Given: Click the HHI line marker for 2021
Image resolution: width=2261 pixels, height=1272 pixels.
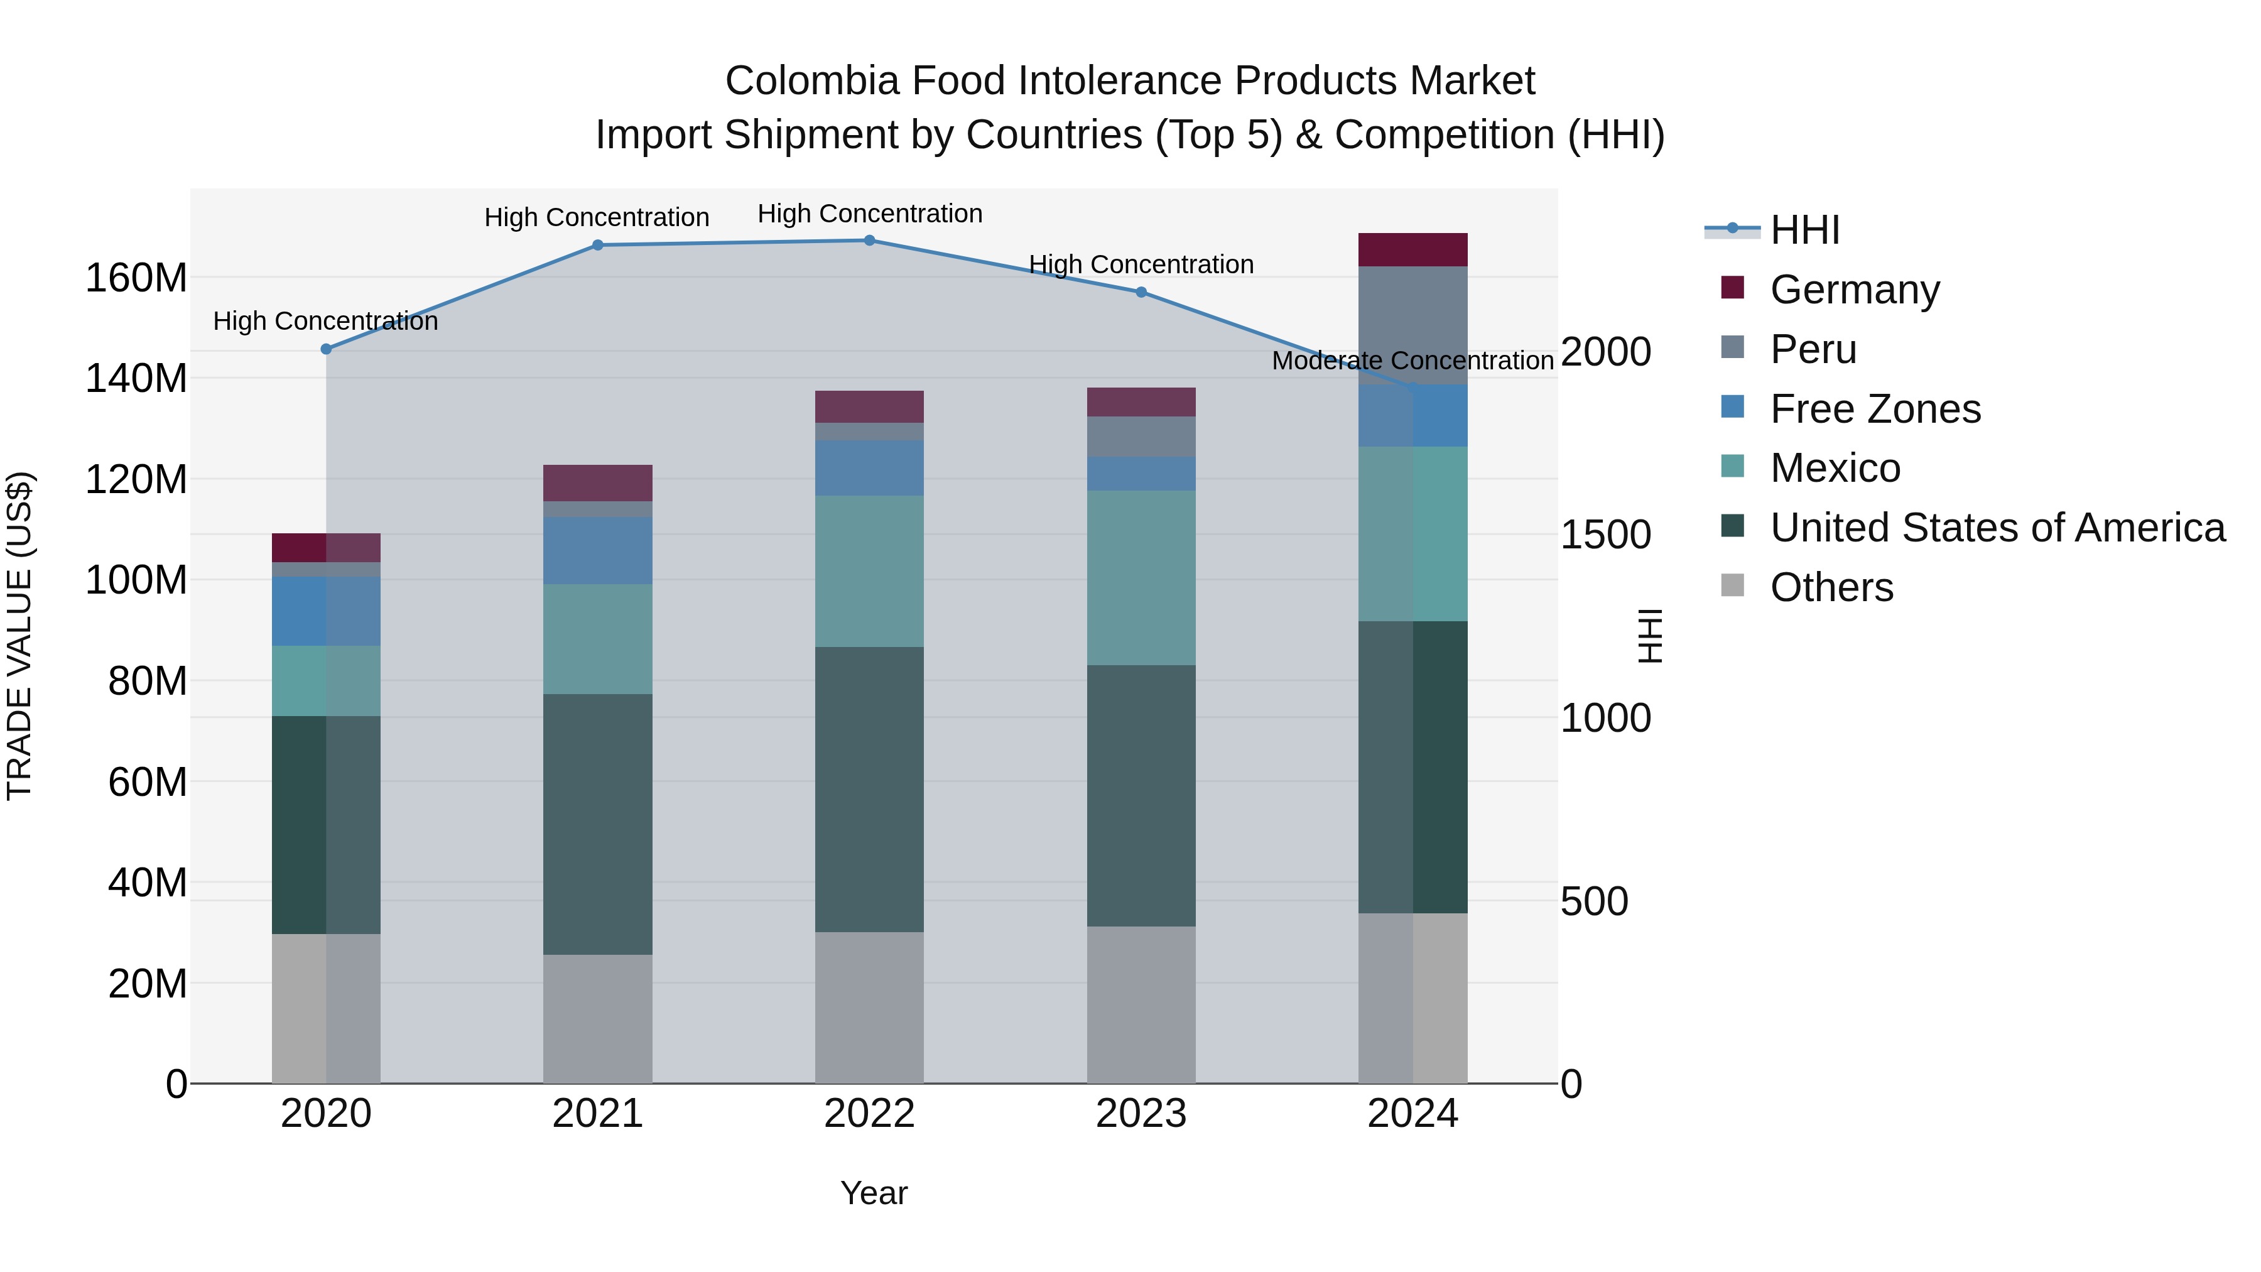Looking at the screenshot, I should coord(598,245).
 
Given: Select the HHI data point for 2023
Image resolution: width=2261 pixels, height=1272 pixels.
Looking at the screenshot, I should coord(1141,292).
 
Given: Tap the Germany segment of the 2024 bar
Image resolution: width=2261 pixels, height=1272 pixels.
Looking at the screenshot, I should coord(1412,250).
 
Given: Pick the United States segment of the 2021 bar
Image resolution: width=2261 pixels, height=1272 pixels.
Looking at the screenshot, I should coord(598,824).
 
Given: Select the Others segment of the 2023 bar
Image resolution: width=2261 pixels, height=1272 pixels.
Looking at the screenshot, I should coord(1141,1004).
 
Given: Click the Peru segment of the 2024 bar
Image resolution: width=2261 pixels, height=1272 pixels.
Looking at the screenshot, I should coord(1412,325).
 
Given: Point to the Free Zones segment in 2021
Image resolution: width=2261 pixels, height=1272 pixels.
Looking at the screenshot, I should coord(598,550).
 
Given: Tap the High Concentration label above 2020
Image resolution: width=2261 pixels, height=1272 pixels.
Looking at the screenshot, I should coord(325,321).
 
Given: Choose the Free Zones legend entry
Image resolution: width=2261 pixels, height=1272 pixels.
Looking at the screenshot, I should coord(1875,409).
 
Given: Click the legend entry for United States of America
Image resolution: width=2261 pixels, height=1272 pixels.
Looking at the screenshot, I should coord(1997,528).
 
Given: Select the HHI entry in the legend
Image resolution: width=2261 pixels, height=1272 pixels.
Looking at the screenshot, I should coord(1804,230).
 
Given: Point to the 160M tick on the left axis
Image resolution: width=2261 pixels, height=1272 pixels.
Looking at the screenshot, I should coord(136,278).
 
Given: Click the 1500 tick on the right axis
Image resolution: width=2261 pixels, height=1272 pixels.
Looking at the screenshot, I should coord(1605,535).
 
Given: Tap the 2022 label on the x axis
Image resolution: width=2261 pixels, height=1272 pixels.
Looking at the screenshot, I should coord(869,1114).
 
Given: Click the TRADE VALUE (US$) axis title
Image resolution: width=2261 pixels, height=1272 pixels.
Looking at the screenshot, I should coord(19,636).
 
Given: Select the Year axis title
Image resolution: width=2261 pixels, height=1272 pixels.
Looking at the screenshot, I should coord(874,1193).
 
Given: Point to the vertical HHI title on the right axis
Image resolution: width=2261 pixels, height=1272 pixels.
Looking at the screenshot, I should coord(1650,636).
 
